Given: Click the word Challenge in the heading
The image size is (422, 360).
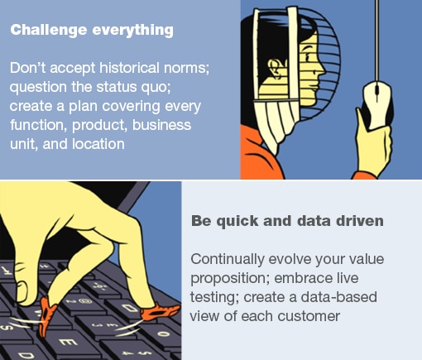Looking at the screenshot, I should coord(45,30).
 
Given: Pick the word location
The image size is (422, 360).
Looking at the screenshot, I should coord(98,143).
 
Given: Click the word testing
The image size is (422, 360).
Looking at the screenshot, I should coord(213,297).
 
